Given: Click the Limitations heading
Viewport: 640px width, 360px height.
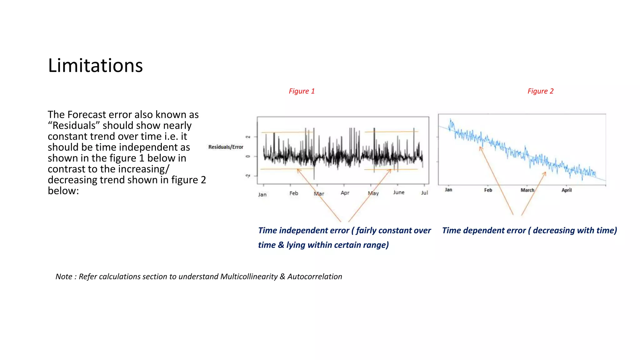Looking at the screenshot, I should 95,66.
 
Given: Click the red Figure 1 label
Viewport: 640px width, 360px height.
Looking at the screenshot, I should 302,91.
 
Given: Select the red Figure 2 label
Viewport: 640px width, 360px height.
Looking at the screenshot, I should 540,91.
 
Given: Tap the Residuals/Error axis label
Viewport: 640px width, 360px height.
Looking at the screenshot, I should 226,147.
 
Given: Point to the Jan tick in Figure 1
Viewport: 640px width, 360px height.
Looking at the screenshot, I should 262,194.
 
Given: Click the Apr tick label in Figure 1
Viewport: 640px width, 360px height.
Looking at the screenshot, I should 345,193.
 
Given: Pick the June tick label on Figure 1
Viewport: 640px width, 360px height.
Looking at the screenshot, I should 399,192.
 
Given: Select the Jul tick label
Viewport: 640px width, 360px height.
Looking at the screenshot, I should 424,193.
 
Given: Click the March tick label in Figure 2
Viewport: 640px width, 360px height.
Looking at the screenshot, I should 527,190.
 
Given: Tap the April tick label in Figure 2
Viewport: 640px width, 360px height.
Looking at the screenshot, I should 567,190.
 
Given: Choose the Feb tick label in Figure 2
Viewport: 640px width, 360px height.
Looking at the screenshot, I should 488,190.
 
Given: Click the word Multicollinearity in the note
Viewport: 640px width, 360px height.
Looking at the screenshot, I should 249,277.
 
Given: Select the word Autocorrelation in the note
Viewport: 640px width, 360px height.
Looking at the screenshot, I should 315,277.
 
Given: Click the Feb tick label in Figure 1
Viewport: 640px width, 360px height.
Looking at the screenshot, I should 294,193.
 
